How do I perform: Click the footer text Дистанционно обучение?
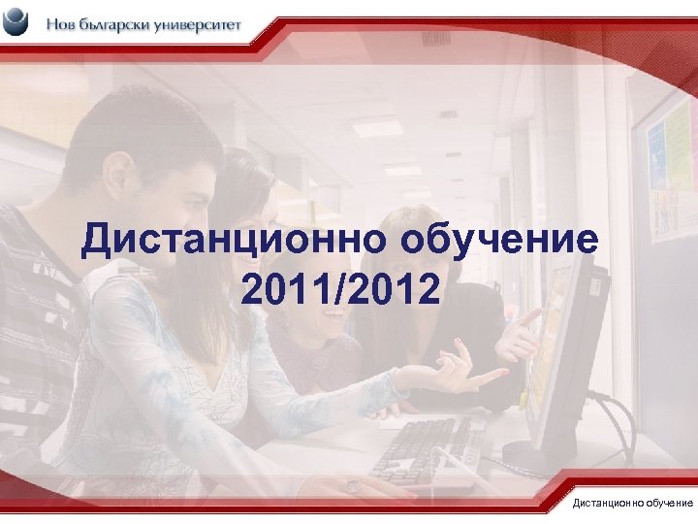pyautogui.click(x=632, y=503)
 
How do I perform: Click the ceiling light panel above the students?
pyautogui.click(x=376, y=126)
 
